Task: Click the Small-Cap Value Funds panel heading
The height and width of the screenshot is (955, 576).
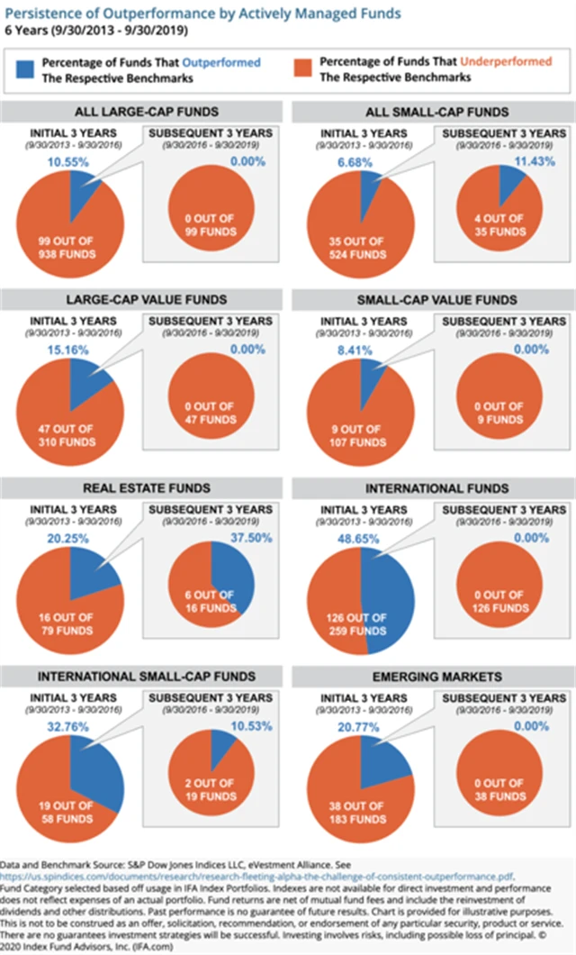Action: [431, 299]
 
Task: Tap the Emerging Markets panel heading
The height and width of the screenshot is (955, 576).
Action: [431, 677]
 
